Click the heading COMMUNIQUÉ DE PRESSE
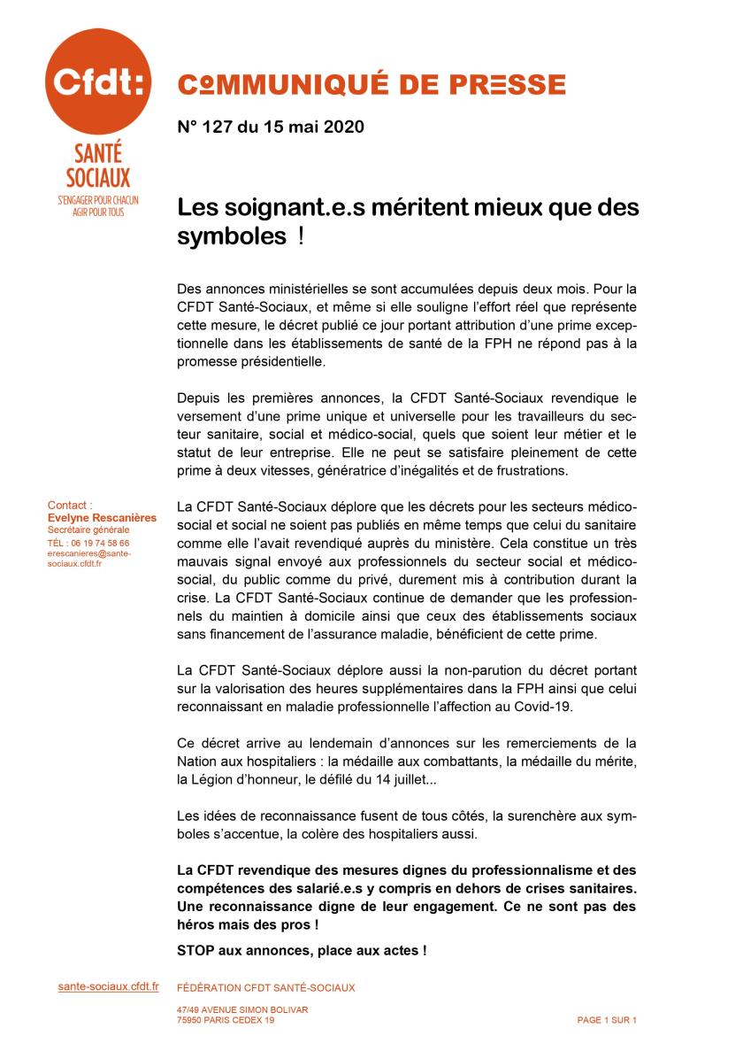(371, 84)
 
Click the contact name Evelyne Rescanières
(102, 517)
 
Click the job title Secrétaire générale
(88, 529)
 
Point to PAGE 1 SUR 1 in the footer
(607, 1020)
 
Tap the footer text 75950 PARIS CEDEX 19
(226, 1020)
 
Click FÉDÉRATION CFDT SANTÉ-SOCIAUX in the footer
(266, 987)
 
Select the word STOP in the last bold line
(196, 951)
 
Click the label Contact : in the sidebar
(71, 506)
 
